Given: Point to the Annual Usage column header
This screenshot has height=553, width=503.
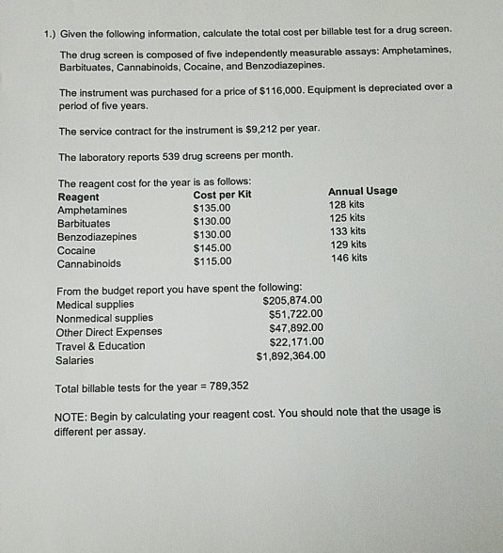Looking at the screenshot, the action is coord(362,191).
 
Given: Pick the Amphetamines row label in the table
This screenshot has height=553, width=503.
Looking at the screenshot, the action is coord(92,210).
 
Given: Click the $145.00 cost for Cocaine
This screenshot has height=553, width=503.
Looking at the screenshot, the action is coord(212,249).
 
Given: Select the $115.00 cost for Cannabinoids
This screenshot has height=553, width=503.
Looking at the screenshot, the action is coord(212,262).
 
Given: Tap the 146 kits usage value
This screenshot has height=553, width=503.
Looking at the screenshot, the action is coord(347,257).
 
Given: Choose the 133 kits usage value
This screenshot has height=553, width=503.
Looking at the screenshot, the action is coord(347,230).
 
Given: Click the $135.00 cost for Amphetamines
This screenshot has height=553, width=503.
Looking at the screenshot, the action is coord(212,210).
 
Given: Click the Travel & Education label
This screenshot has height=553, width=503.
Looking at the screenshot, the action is coord(102,345).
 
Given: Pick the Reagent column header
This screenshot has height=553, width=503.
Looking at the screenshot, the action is coord(78,197).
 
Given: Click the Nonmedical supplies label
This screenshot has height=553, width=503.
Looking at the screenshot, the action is coord(105,318).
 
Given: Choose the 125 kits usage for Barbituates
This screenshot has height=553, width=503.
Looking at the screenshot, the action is coord(347,217).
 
